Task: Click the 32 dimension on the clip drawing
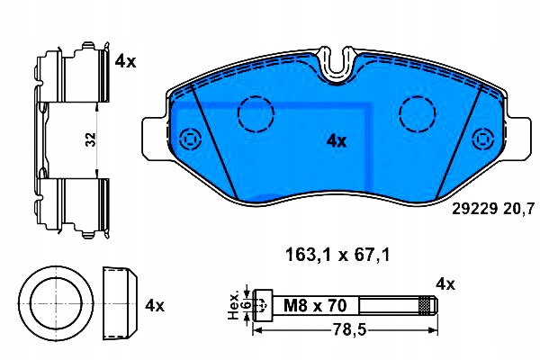click(91, 139)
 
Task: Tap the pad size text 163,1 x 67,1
click(337, 256)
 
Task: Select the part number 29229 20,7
click(493, 209)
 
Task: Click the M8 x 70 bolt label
click(315, 306)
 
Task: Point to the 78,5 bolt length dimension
click(349, 330)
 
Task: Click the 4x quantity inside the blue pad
click(336, 141)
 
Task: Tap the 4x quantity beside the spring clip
click(125, 61)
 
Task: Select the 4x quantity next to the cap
click(155, 306)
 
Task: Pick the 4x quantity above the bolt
click(445, 284)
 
